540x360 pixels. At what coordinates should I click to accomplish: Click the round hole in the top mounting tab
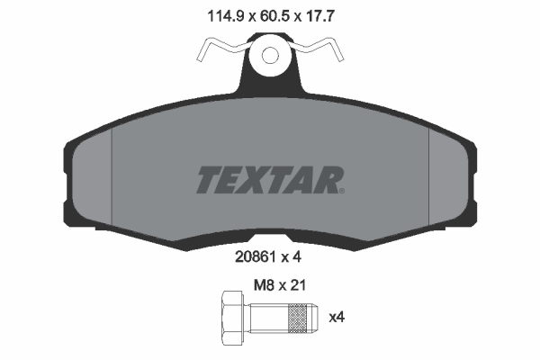point(270,57)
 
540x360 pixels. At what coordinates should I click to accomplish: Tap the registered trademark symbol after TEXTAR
point(341,189)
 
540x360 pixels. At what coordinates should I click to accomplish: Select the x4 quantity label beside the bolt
point(337,317)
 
